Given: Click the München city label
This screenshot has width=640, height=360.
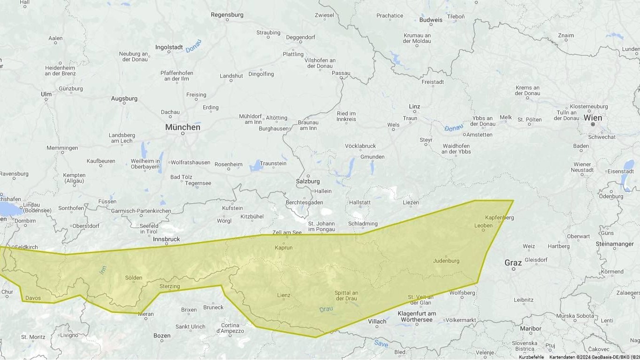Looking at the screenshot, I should coord(183,127).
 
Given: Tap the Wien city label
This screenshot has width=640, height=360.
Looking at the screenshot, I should coord(592,118).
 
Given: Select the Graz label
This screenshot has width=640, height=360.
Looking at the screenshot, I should coord(513,263).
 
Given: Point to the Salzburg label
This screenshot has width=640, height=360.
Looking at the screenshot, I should coord(308,181).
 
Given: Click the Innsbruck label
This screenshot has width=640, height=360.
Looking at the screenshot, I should coord(167,239).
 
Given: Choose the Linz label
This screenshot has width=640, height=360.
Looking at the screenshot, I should coord(415,106).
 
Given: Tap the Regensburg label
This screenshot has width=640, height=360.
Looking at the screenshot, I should coord(227,15).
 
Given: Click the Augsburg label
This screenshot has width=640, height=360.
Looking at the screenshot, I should coord(124,98).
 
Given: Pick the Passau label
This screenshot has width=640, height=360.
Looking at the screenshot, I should coord(341,73).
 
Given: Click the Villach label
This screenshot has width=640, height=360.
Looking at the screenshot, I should coord(377,321).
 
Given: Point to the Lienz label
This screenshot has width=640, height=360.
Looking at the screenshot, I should coord(284,296).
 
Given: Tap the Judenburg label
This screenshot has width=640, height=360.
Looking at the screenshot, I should coord(446,261).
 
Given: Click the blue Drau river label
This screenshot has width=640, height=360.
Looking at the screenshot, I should coord(326,309).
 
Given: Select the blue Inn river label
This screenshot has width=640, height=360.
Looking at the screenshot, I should coord(103,270).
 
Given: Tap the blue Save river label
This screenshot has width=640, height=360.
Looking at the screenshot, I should coord(381,344).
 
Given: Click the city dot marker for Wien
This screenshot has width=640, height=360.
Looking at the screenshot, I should coord(593,125).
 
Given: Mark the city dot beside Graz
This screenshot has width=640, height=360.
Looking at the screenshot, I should coord(513,269).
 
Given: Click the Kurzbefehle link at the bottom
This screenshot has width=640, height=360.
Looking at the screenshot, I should coord(531,357).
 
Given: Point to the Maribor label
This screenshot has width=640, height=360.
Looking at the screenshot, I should coord(530,328).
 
